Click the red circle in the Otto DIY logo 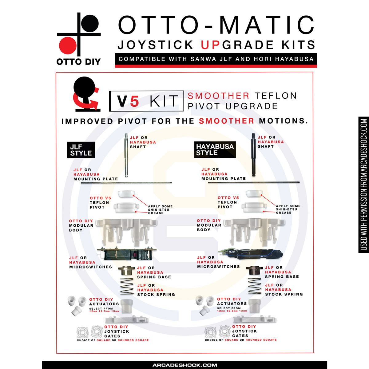coord(68,46)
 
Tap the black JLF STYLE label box coord(81,150)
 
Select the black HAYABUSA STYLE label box coord(215,149)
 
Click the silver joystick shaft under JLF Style coord(126,155)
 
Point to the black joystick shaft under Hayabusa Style coord(253,155)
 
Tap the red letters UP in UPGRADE coord(210,45)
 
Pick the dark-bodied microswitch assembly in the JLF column coord(127,254)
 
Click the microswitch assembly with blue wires coord(251,254)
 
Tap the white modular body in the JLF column coord(126,232)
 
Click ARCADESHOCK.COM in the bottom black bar coord(184,365)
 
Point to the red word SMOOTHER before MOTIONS coord(227,121)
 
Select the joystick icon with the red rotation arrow coord(86,94)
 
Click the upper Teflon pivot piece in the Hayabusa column coord(254,193)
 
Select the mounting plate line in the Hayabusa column coord(254,182)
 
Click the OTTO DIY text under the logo coord(78,62)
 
